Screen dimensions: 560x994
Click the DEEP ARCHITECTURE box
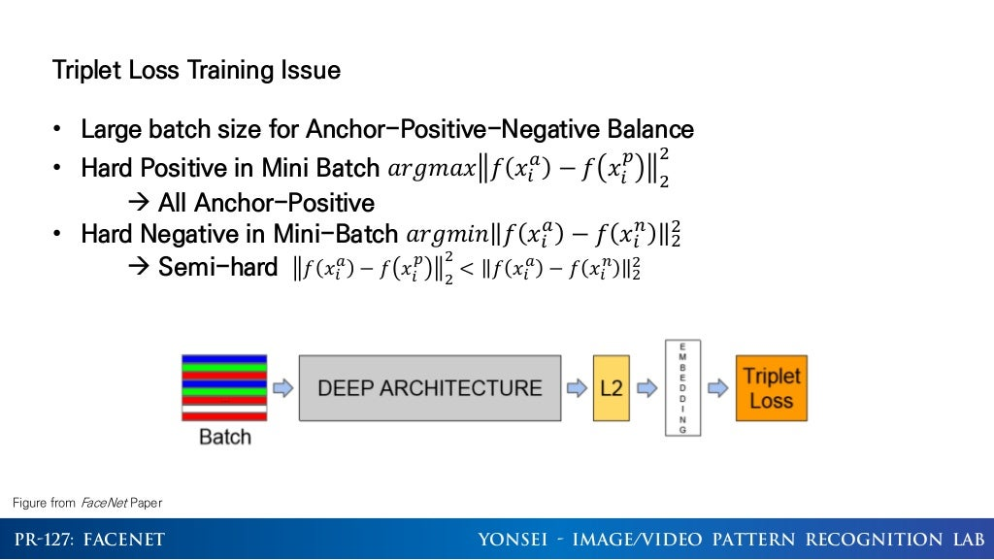[429, 387]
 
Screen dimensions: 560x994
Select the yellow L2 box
[612, 387]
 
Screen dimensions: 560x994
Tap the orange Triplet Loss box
[771, 388]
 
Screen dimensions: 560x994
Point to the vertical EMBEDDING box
[683, 387]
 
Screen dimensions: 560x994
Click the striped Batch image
[223, 387]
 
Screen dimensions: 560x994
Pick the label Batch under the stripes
[224, 437]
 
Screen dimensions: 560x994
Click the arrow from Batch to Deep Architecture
[282, 388]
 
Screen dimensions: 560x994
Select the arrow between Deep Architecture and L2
[577, 388]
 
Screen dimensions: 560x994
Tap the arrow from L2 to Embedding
[646, 388]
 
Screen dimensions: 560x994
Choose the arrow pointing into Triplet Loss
[717, 388]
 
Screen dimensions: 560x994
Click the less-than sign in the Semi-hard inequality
[465, 269]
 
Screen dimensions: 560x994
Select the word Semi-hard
[217, 268]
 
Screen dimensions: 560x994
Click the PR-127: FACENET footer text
[89, 540]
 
